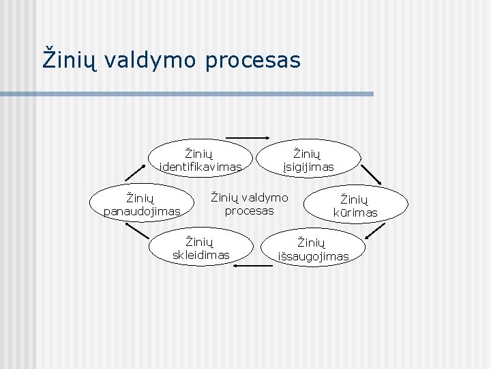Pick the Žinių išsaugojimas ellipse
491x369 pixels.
(x=312, y=248)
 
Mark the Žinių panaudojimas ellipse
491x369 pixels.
(x=142, y=204)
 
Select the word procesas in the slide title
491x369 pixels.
(x=252, y=59)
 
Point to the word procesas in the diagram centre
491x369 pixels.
(x=249, y=210)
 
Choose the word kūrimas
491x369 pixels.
(x=355, y=213)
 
